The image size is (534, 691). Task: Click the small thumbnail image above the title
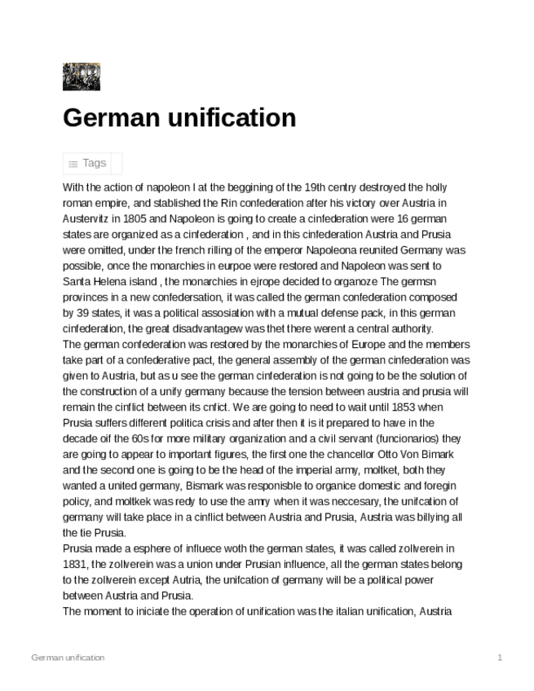81,77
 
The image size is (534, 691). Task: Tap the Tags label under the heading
95,163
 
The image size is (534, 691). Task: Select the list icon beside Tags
73,164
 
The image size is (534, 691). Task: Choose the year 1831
76,563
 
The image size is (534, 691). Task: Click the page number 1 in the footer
499,657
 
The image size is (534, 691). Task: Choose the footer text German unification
68,657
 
